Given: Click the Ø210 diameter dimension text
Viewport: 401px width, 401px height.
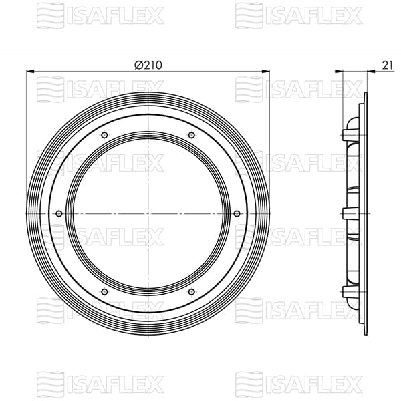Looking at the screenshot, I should click(148, 64).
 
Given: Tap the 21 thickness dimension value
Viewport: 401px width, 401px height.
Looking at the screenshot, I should click(388, 64).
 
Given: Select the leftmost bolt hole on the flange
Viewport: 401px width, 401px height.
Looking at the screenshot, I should click(59, 213).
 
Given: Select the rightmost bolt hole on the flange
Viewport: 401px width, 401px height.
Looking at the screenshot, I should click(237, 213).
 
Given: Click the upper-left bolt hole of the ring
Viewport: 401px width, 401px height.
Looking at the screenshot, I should click(104, 136).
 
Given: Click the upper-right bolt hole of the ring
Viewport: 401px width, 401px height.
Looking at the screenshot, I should click(192, 136).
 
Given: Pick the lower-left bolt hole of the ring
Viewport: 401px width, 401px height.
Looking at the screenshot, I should click(104, 291).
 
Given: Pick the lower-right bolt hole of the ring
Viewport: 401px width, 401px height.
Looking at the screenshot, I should click(192, 291).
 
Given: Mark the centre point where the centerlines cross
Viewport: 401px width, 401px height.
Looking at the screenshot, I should click(148, 213).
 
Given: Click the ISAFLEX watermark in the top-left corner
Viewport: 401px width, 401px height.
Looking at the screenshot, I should click(100, 14).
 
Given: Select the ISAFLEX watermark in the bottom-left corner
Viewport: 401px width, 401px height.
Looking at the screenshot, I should click(100, 384).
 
